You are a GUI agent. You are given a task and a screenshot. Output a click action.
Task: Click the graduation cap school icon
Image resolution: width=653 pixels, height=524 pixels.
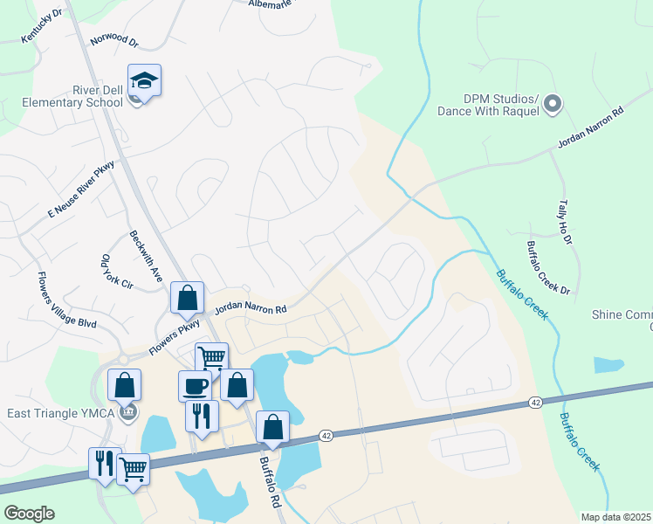point(144,80)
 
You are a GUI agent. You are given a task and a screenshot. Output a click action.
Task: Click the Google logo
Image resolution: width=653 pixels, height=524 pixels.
point(29,514)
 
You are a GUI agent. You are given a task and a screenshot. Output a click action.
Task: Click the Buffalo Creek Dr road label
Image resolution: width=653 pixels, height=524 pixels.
point(548,267)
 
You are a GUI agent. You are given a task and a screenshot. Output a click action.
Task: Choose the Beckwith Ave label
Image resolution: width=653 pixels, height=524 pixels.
point(146,255)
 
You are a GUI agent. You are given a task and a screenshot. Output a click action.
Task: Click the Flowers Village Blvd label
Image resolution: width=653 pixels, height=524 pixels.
point(65,300)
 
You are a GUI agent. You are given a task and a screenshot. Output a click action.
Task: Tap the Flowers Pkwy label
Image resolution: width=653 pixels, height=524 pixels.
point(175,335)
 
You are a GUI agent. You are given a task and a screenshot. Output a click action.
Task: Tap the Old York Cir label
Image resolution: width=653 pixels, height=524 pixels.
point(114,272)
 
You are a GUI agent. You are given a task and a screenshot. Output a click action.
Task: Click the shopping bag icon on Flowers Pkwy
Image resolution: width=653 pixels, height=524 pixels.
point(187,298)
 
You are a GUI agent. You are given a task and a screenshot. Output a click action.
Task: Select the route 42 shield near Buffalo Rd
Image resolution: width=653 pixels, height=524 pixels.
point(326,434)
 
